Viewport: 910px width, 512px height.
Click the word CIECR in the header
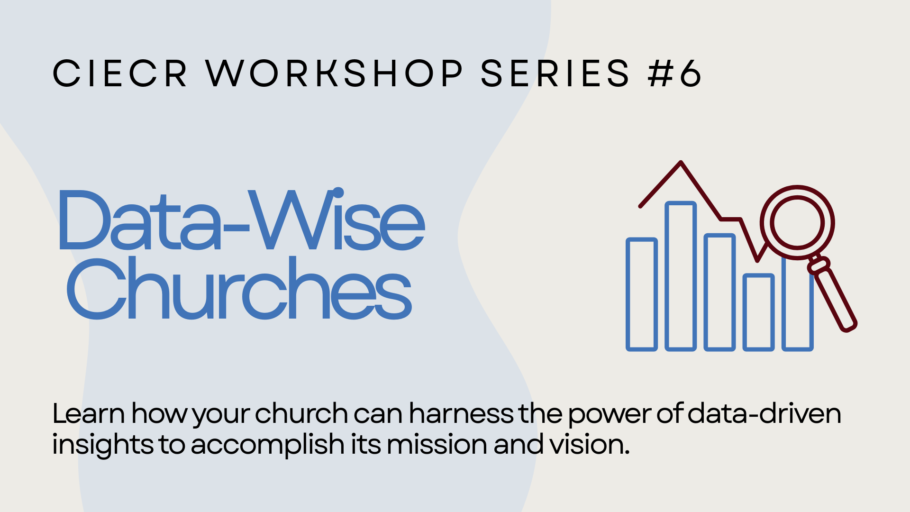pyautogui.click(x=120, y=73)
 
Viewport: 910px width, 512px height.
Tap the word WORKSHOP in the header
pyautogui.click(x=334, y=73)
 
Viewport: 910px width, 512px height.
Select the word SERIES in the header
pyautogui.click(x=555, y=73)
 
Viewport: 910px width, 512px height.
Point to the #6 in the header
pyautogui.click(x=674, y=73)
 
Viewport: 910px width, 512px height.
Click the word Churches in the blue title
pyautogui.click(x=239, y=288)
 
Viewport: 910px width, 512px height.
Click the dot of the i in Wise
pyautogui.click(x=338, y=192)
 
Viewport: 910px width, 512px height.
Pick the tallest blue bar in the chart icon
pyautogui.click(x=681, y=276)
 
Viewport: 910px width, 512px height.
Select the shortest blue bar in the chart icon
pyautogui.click(x=758, y=312)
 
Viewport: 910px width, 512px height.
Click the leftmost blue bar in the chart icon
pyautogui.click(x=642, y=294)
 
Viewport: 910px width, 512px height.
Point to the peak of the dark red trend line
pyautogui.click(x=681, y=163)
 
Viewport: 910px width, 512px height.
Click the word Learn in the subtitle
pyautogui.click(x=89, y=413)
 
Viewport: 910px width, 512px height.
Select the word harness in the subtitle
pyautogui.click(x=461, y=413)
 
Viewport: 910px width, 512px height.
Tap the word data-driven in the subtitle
pyautogui.click(x=764, y=413)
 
